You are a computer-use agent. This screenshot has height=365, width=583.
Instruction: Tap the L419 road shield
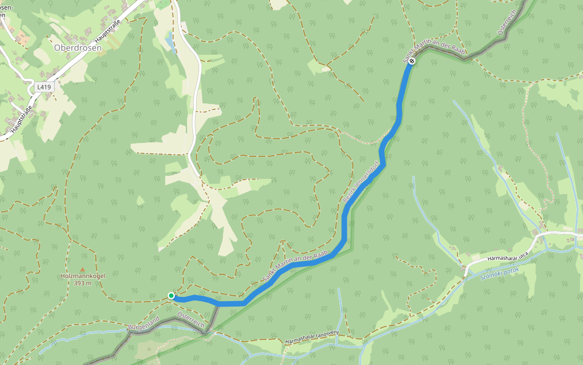[44, 87]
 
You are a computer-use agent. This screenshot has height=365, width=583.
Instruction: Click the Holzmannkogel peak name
[83, 276]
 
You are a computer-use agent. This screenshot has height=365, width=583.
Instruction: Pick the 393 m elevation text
[83, 283]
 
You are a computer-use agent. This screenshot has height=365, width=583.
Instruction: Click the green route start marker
[171, 296]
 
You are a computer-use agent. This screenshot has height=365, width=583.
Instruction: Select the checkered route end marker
[412, 61]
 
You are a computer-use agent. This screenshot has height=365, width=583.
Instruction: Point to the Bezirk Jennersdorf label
[362, 181]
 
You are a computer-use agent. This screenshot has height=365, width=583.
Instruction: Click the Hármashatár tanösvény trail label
[311, 338]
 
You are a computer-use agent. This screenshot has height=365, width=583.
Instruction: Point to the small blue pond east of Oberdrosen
[169, 41]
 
